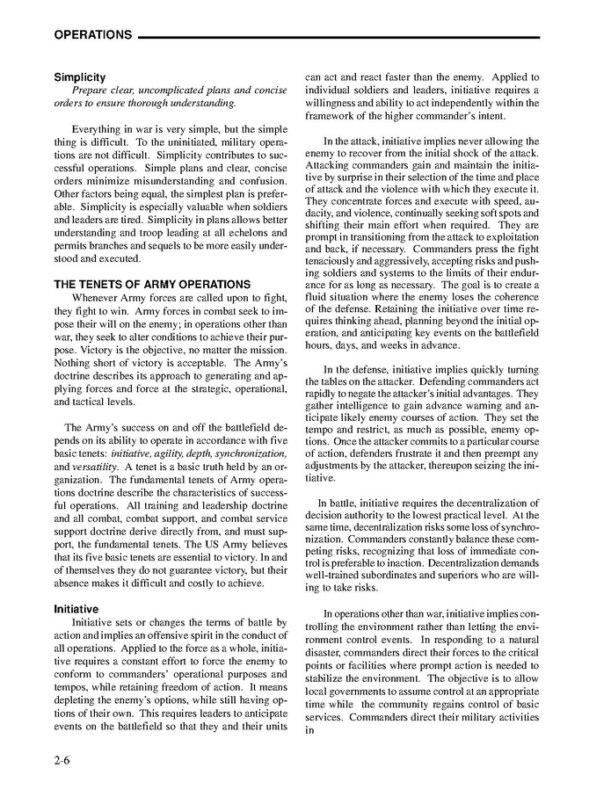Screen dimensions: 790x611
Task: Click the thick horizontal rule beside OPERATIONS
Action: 339,37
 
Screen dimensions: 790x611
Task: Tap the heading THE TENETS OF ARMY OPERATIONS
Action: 152,284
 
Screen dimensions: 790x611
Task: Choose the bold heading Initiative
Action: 76,609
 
